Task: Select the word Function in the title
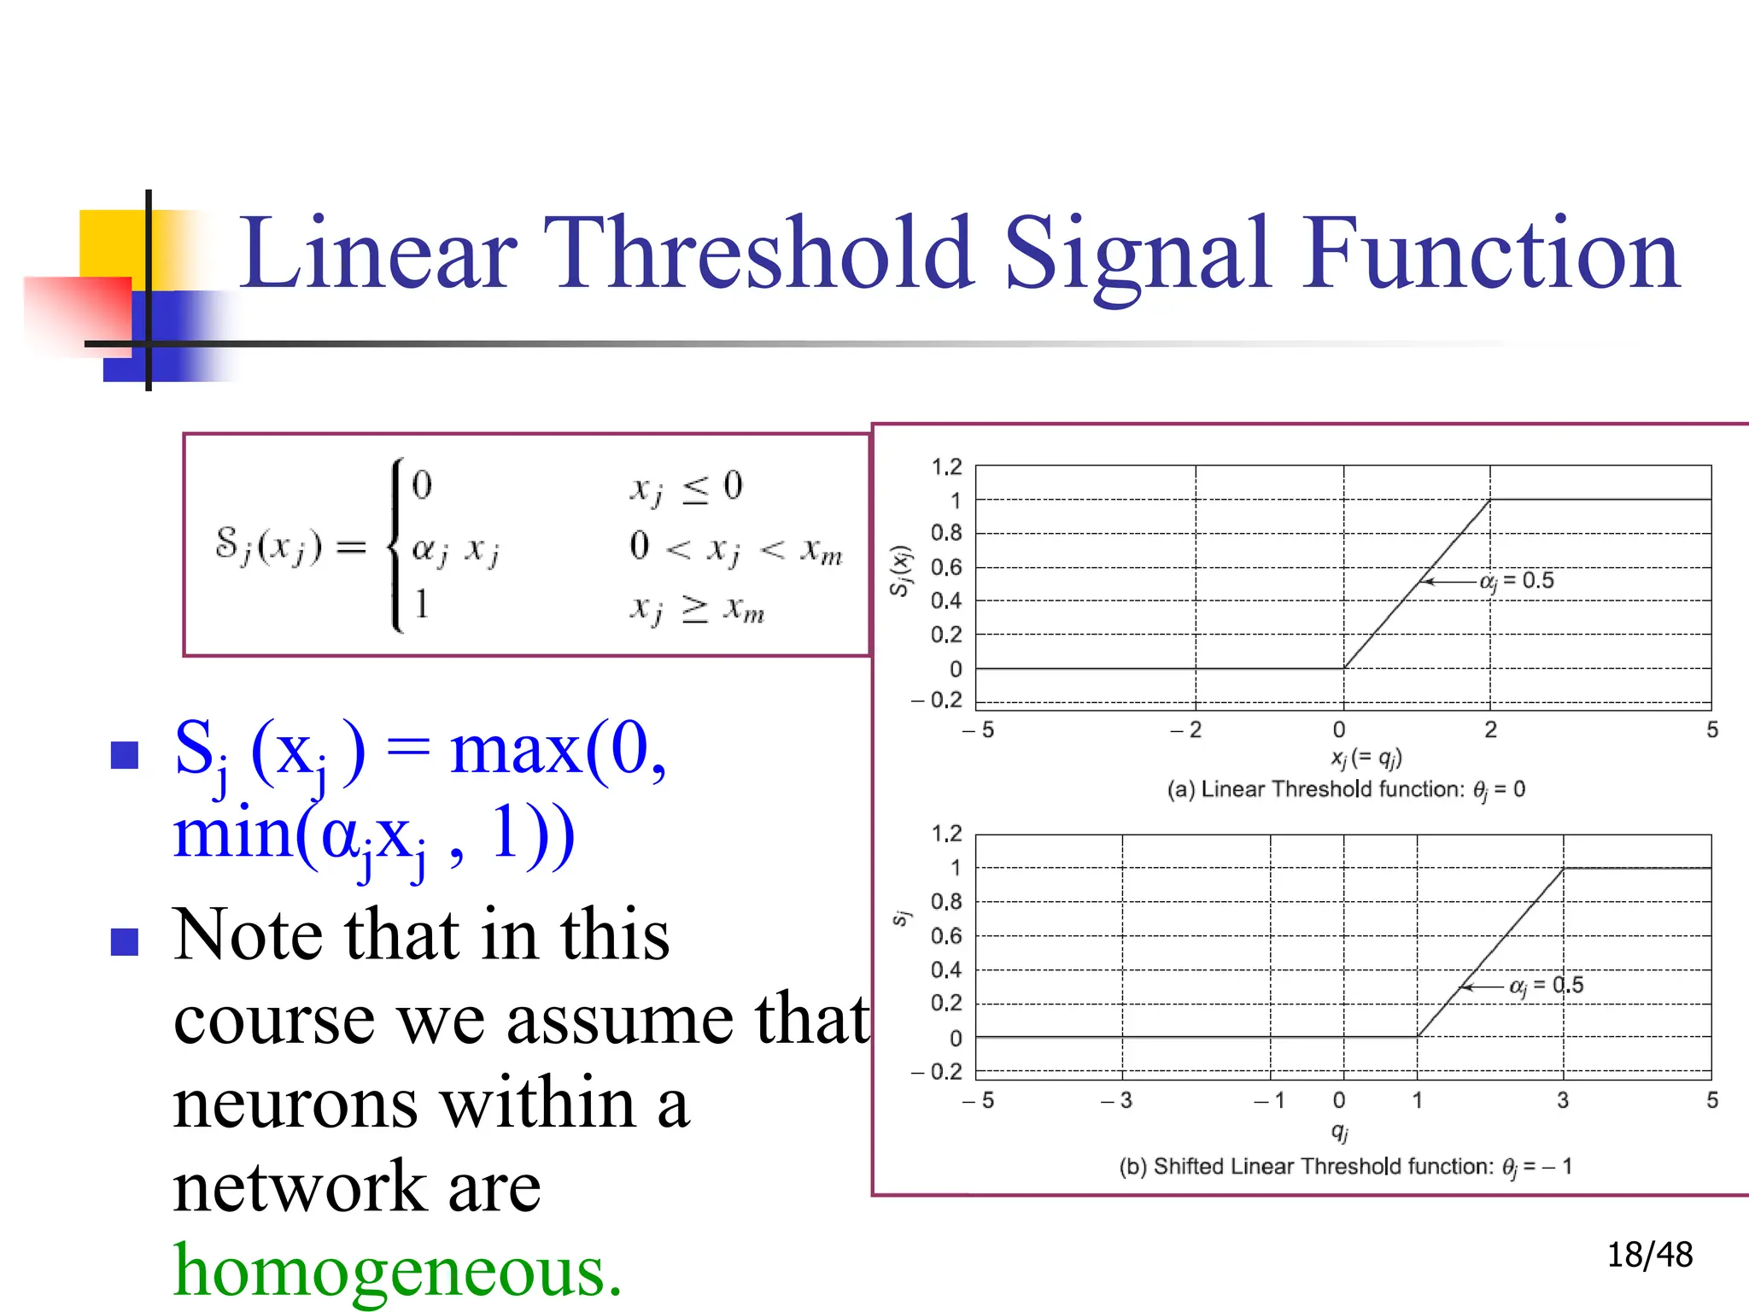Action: pyautogui.click(x=1490, y=254)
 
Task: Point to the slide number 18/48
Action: pyautogui.click(x=1649, y=1255)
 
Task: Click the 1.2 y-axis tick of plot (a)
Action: pyautogui.click(x=946, y=467)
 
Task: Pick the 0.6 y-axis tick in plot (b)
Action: pyautogui.click(x=946, y=936)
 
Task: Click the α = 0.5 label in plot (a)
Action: pyautogui.click(x=1517, y=582)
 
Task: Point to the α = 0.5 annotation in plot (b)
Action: pyautogui.click(x=1546, y=986)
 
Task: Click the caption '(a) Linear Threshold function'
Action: pyautogui.click(x=1346, y=789)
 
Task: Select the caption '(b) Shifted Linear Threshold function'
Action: pyautogui.click(x=1345, y=1167)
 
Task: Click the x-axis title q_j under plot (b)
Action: pyautogui.click(x=1340, y=1132)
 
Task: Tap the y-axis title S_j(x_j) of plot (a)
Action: pyautogui.click(x=900, y=571)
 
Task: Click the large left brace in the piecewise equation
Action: pyautogui.click(x=396, y=545)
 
